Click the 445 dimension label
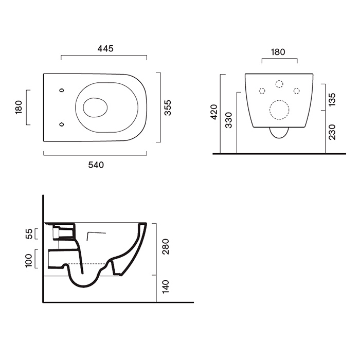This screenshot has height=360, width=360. pyautogui.click(x=105, y=48)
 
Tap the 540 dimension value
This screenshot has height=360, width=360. pyautogui.click(x=96, y=165)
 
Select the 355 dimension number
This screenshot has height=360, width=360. pyautogui.click(x=168, y=107)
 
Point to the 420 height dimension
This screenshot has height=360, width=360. pyautogui.click(x=214, y=112)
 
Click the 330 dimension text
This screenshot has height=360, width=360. pyautogui.click(x=229, y=120)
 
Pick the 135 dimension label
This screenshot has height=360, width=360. pyautogui.click(x=332, y=100)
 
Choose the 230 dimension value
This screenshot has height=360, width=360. pyautogui.click(x=332, y=132)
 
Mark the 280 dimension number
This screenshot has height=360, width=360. pyautogui.click(x=165, y=246)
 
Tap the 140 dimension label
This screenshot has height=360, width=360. pyautogui.click(x=165, y=286)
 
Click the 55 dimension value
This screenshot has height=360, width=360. pyautogui.click(x=29, y=233)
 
